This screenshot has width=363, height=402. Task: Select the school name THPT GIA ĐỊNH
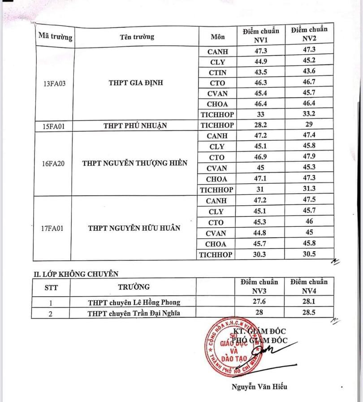click(x=136, y=83)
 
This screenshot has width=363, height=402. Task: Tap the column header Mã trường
click(x=55, y=36)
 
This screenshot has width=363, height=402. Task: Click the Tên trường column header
click(x=137, y=37)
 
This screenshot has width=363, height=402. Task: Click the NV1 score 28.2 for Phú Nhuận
click(x=260, y=125)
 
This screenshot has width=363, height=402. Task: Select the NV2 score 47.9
click(x=308, y=157)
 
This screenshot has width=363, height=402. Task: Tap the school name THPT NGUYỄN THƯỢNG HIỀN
click(x=134, y=163)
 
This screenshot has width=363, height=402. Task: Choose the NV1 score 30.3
click(x=260, y=255)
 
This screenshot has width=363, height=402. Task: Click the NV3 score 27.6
click(x=260, y=302)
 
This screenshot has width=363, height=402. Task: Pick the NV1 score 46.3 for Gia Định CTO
click(x=260, y=83)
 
